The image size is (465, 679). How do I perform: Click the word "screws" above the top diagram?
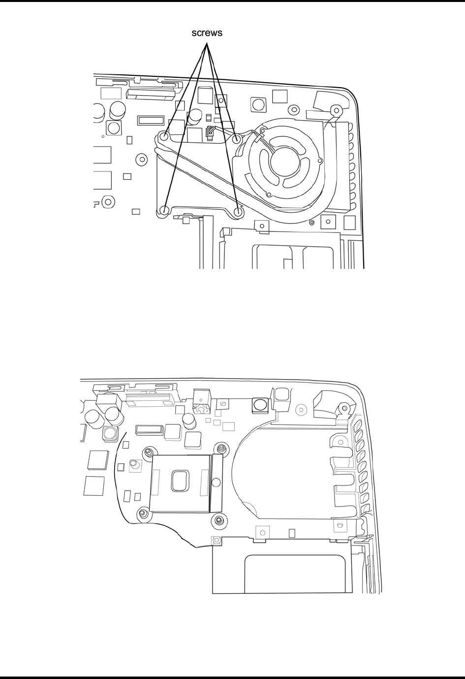[207, 32]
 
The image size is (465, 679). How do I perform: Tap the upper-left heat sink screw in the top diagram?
[164, 136]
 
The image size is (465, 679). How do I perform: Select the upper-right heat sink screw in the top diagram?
[236, 139]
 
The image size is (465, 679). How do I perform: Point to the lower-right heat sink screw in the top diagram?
[239, 212]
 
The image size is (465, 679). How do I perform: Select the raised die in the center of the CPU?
[181, 481]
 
